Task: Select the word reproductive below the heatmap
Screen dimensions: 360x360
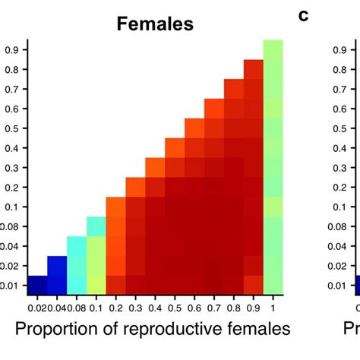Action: [184, 328]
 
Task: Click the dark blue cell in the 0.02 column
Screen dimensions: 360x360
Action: [36, 285]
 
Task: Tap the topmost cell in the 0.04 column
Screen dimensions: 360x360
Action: [57, 265]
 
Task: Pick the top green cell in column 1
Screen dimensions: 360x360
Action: [273, 49]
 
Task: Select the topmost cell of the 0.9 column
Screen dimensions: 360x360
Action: [254, 69]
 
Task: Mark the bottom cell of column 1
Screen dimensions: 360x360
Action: [273, 285]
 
